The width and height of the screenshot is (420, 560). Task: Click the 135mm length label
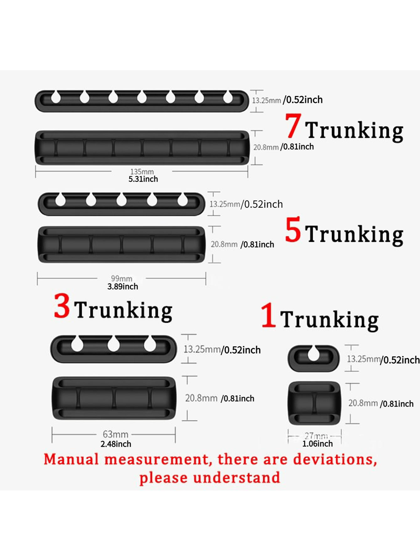tap(142, 172)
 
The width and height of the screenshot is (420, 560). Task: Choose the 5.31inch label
tap(143, 179)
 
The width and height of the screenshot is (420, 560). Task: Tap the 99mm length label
tap(122, 278)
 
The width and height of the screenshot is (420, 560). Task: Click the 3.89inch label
tap(123, 286)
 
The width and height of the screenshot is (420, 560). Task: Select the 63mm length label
tap(116, 434)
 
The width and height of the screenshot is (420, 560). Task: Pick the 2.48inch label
tap(116, 444)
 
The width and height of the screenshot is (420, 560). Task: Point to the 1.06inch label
tap(318, 444)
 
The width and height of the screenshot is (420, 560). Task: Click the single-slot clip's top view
tap(314, 358)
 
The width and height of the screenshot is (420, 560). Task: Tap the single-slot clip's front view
tap(314, 403)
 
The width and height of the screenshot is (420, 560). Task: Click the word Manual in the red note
tap(71, 460)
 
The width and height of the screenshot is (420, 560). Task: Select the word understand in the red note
tap(237, 478)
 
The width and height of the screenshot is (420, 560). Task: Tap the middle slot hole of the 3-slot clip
tap(113, 344)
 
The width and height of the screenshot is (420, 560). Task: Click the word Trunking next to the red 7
tap(354, 131)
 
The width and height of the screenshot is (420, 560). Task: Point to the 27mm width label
tap(316, 436)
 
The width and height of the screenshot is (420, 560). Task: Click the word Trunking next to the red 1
tap(329, 320)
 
